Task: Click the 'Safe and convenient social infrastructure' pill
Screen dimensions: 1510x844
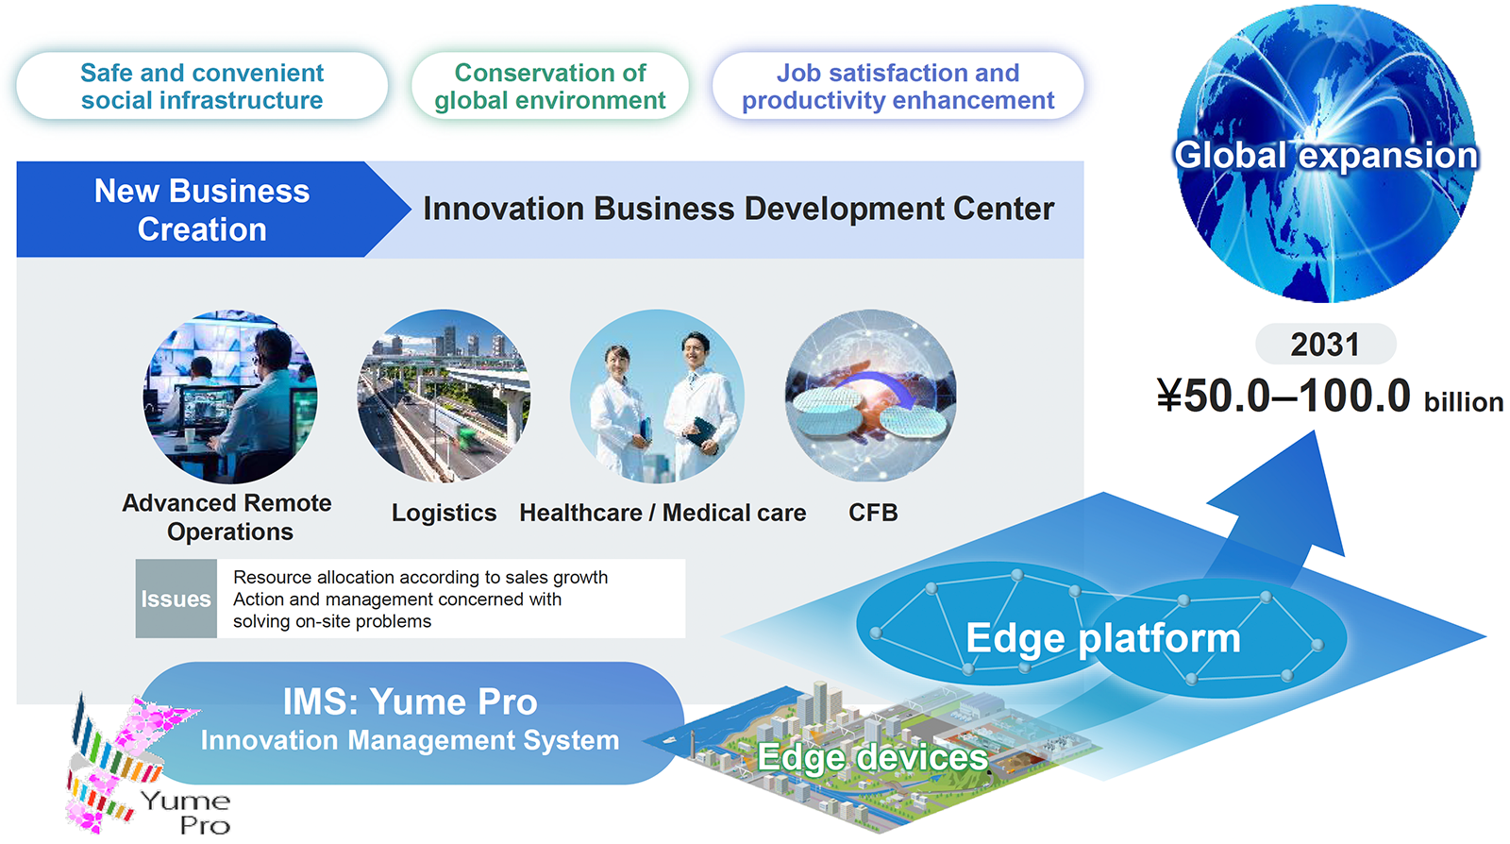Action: tap(202, 86)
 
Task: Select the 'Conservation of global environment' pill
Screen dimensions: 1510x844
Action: tap(549, 86)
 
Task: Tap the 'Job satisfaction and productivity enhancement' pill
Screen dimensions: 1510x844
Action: tap(898, 86)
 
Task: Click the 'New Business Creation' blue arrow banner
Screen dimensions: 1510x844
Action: tap(202, 210)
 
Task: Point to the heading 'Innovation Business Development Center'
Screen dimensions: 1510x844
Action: tap(738, 209)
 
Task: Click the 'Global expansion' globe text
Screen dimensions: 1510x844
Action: tap(1325, 155)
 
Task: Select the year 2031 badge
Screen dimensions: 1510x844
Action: tap(1325, 345)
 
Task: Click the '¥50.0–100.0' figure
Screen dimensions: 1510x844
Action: tap(1283, 395)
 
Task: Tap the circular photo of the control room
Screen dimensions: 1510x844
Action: tap(230, 397)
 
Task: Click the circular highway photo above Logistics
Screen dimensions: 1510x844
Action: tap(444, 397)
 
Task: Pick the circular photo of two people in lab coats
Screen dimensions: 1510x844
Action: tap(657, 397)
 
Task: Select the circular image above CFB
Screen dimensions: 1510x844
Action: tap(871, 397)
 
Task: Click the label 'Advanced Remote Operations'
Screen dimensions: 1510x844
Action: tap(227, 517)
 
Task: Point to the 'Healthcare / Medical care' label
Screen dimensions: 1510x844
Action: tap(663, 513)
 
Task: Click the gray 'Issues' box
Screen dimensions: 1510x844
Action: tap(176, 599)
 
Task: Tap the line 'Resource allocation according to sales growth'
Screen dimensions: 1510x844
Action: tap(421, 577)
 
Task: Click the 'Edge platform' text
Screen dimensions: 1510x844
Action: tap(1103, 637)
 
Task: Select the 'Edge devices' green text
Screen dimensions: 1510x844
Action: tap(872, 756)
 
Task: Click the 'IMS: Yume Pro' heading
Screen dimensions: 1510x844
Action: tap(410, 701)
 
